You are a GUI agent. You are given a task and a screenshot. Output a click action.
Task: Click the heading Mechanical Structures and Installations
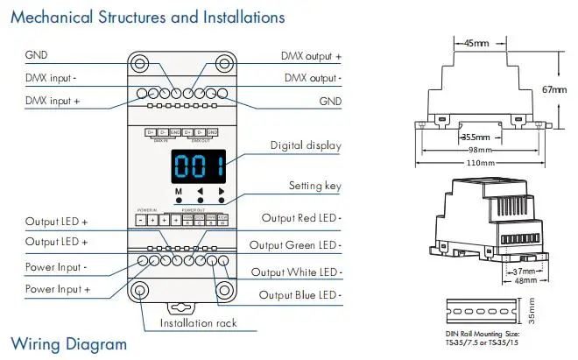pos(147,17)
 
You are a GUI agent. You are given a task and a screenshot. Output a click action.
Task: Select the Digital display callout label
pos(306,145)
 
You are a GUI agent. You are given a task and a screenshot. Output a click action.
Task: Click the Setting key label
pos(314,186)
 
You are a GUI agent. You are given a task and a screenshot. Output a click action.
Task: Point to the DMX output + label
pos(311,56)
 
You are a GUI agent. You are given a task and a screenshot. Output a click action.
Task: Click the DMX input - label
pos(51,78)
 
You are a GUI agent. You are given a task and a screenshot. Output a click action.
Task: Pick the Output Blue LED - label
pos(300,295)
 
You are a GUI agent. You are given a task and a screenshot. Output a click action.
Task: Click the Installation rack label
pos(198,323)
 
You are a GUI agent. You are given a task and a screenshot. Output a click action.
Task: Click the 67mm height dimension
pos(554,89)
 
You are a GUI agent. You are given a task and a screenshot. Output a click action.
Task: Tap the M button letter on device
pos(178,192)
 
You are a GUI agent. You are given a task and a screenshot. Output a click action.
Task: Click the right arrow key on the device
pos(222,192)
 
